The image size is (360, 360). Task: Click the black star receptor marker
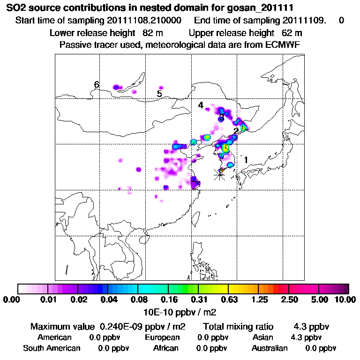[219, 174]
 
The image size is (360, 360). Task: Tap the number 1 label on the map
[246, 160]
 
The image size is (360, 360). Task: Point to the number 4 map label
[201, 105]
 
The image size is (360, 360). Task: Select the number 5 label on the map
[159, 94]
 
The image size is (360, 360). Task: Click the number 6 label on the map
[97, 85]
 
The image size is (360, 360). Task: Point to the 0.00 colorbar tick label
[14, 300]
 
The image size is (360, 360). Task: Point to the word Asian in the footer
[262, 337]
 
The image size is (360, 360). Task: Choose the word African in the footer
[165, 348]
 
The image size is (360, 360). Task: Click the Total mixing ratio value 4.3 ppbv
[311, 326]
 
